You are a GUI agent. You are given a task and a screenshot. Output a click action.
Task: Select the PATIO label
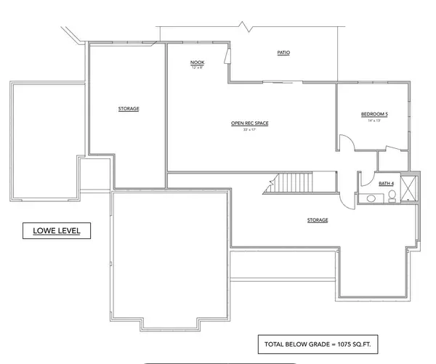click(x=284, y=53)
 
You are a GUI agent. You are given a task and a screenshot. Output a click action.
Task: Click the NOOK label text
click(x=197, y=62)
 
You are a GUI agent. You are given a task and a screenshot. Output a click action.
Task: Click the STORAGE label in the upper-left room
click(x=129, y=109)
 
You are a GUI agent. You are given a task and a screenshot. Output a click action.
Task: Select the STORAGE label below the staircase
click(x=318, y=220)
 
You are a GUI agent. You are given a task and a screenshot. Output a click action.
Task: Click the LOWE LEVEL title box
click(x=55, y=232)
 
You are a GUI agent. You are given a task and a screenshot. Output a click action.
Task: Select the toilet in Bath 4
click(x=391, y=198)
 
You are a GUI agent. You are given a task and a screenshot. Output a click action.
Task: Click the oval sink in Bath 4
click(x=370, y=198)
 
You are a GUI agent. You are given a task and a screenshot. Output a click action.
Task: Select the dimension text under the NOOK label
click(x=197, y=68)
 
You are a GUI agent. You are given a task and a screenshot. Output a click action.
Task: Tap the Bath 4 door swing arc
click(x=363, y=179)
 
